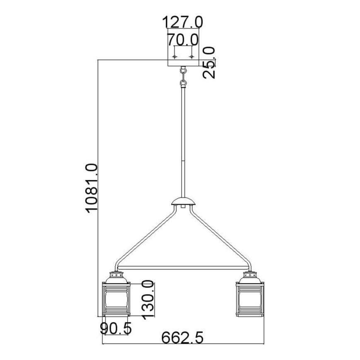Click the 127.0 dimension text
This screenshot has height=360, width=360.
coord(183,22)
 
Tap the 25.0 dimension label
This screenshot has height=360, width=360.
coord(211,62)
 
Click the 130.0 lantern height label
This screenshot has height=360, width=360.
coord(147,299)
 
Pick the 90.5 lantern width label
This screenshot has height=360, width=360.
coord(116,329)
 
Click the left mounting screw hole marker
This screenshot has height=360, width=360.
coord(175,56)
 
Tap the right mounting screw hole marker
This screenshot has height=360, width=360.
coord(191,56)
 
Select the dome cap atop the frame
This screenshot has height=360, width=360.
coord(183,203)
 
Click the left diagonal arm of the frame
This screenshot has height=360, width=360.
coord(145,236)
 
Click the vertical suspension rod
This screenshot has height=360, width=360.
coord(183,141)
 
